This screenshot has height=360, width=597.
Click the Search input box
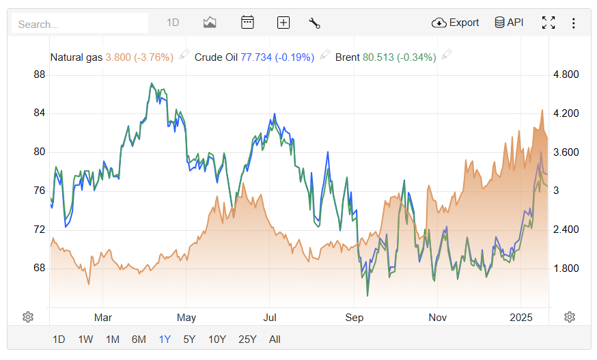coord(79,23)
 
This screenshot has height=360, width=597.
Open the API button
coord(509,23)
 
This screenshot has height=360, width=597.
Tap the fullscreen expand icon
coord(548,23)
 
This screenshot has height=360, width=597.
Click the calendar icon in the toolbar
coord(247,23)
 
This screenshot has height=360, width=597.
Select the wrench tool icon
coord(314,23)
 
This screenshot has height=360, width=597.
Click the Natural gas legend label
coord(77,57)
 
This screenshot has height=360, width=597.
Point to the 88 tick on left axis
coord(39,74)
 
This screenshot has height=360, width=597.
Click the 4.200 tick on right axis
coord(565,113)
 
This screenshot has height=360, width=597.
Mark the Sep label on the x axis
coord(354,317)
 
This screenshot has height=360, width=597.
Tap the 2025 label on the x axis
coord(520,317)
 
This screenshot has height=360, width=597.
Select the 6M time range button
coord(139,339)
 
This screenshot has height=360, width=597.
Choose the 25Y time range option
coord(247,339)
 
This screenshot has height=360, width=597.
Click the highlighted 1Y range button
coord(165,339)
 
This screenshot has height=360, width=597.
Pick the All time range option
coord(275,339)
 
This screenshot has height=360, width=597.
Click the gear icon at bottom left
coord(28,317)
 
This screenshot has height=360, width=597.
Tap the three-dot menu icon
coord(573,23)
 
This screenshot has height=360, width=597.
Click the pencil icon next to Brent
coord(447,55)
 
